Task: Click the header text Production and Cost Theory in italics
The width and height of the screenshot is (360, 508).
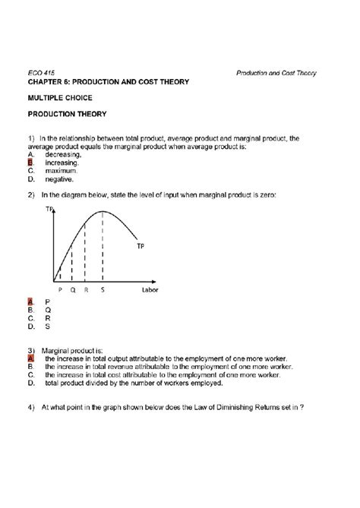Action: [276, 73]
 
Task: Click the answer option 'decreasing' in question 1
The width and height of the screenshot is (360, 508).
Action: [63, 154]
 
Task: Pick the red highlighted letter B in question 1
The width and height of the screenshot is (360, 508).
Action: [30, 162]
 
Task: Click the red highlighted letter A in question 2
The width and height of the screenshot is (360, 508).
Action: [30, 301]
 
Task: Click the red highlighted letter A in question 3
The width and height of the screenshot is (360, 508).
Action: [30, 358]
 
